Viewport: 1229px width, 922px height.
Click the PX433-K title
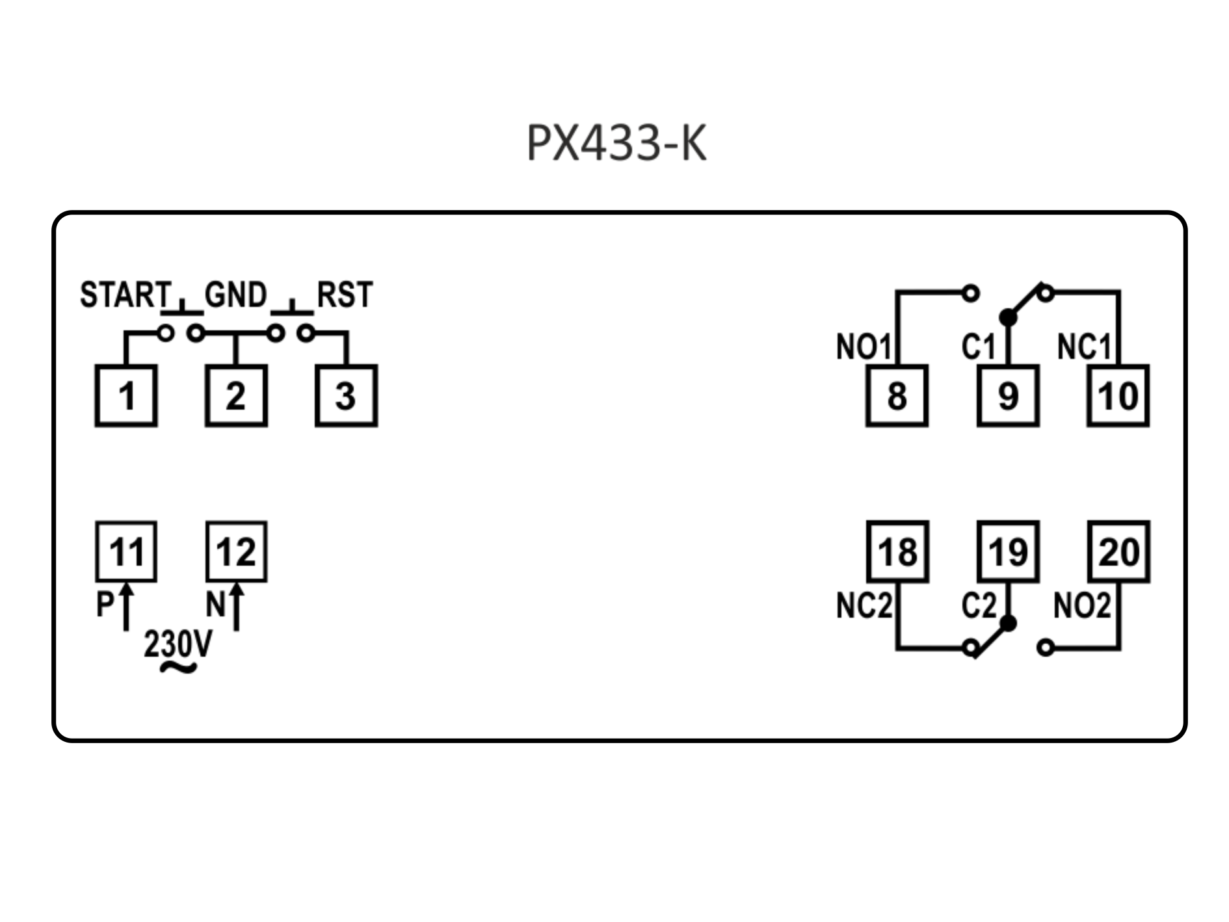pos(616,143)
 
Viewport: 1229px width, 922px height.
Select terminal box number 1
pos(126,395)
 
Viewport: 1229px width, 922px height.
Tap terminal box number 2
pos(236,395)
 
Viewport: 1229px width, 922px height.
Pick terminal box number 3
pos(346,395)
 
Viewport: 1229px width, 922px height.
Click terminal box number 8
pos(897,395)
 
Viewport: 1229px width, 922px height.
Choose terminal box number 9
pos(1008,395)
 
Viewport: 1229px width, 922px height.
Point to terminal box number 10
pos(1118,395)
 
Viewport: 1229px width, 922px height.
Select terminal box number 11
pos(126,551)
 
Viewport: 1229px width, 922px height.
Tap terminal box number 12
pos(236,551)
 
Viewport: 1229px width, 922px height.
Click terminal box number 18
pos(897,551)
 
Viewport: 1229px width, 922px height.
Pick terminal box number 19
pos(1008,551)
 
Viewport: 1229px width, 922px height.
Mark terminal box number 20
pos(1118,551)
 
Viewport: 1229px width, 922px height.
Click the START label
pos(125,295)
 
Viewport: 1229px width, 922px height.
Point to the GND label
pos(235,295)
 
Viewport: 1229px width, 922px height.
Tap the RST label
pos(345,295)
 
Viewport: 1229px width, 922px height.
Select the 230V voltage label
pos(178,644)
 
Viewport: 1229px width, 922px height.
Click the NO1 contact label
pos(863,347)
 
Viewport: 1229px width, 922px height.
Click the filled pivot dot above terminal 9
pos(1008,317)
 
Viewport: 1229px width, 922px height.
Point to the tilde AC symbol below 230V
pos(178,667)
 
